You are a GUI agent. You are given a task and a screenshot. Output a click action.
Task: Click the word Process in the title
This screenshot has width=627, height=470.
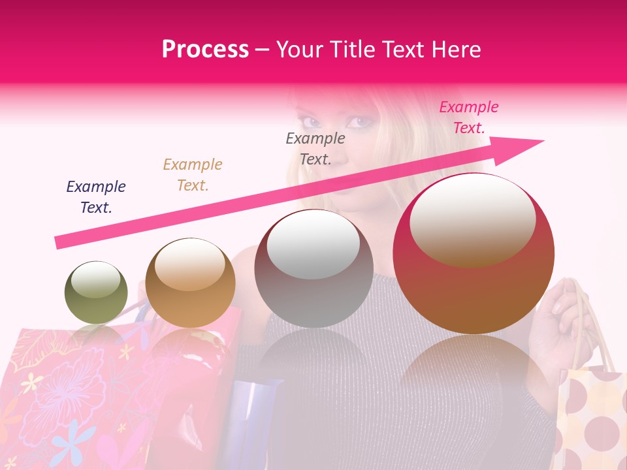click(x=205, y=49)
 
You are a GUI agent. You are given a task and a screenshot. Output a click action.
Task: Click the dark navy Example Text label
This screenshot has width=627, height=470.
click(x=96, y=197)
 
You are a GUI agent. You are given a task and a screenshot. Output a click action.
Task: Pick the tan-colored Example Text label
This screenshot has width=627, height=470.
click(x=193, y=175)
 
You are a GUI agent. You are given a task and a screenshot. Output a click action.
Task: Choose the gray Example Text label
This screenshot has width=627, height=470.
click(x=315, y=148)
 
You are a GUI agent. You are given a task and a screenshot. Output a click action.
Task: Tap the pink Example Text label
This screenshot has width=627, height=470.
click(x=468, y=117)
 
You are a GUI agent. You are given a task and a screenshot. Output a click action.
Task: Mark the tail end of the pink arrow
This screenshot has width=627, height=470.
click(x=57, y=243)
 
